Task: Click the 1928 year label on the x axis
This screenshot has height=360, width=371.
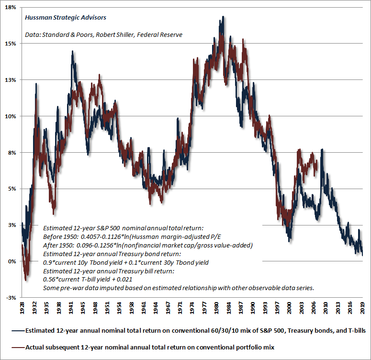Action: [22, 306]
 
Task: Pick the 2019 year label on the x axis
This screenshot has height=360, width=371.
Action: [363, 306]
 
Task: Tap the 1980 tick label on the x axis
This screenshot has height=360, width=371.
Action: [217, 306]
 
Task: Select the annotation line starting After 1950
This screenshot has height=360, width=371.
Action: [147, 245]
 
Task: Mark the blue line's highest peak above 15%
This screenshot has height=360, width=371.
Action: [223, 17]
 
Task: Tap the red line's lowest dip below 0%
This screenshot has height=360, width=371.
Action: [26, 280]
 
